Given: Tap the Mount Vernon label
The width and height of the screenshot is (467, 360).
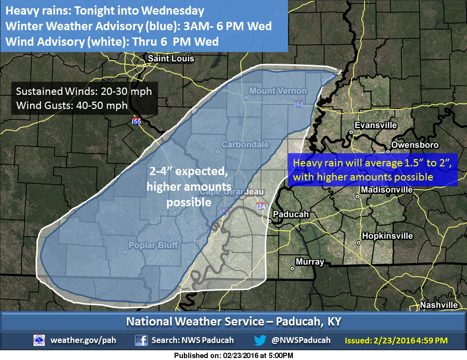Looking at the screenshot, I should click(278, 91).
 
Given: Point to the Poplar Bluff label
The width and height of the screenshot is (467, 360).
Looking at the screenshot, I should click(153, 245).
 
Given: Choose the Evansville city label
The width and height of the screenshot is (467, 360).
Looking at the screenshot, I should click(376, 126).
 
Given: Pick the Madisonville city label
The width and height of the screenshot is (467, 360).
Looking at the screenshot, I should click(387, 189).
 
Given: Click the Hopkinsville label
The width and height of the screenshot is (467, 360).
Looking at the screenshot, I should click(387, 236).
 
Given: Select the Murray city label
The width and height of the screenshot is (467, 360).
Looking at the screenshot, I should click(310, 262).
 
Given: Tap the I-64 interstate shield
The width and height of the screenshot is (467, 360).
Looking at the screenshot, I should click(298, 104).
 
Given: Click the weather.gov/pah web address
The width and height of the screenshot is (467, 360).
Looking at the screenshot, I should click(83, 340).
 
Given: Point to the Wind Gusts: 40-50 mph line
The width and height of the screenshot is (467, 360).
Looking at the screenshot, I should click(72, 105).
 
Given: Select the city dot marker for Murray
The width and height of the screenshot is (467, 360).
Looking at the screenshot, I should click(292, 268).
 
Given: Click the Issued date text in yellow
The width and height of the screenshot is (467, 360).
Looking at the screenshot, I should click(396, 341).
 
